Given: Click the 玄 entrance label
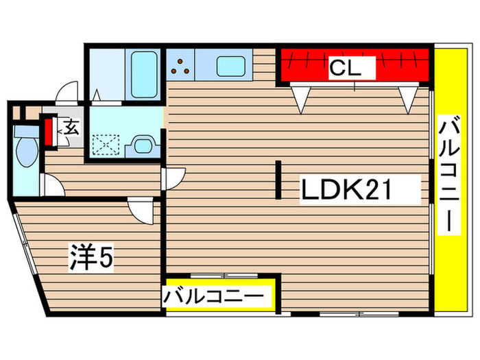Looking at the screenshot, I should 71,128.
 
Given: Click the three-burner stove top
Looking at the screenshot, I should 182,66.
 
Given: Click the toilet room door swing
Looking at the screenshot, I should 50,184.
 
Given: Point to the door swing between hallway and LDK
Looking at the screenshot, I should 172,178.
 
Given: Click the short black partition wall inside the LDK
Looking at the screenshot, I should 280,180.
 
